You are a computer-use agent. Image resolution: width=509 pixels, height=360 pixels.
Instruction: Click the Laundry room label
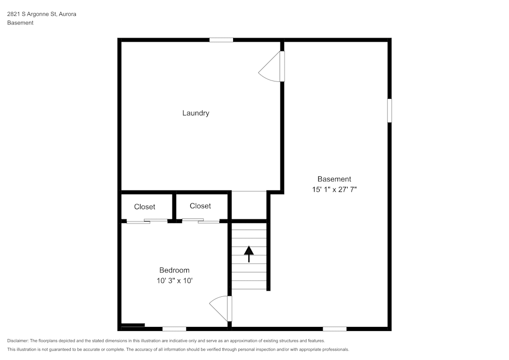coord(195,113)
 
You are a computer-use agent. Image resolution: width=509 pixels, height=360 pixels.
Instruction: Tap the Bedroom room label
coord(174,270)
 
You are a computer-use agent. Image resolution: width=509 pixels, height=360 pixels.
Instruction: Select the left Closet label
coord(145,207)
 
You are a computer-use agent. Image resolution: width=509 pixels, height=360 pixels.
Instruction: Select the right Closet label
coord(200,206)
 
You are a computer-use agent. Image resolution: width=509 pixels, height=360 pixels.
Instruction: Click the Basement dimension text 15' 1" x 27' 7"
coord(334,189)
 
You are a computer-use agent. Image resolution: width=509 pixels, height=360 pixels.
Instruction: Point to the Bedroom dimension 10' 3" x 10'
coord(174,281)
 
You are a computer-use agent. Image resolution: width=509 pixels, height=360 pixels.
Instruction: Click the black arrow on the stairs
coord(249,253)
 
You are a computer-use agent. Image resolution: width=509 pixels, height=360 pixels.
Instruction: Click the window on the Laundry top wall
coord(221,40)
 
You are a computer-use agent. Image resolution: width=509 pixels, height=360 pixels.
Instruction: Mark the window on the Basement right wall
coord(389,110)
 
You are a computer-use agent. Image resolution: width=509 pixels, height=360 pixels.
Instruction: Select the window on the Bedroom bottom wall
coord(174,329)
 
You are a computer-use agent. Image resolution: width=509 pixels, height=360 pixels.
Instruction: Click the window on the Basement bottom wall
coord(334,329)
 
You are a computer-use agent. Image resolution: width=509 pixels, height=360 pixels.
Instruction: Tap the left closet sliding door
coord(147,221)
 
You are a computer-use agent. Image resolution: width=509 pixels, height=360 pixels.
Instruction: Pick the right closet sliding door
coord(201,220)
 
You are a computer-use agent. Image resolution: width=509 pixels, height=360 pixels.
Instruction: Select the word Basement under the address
coord(20,23)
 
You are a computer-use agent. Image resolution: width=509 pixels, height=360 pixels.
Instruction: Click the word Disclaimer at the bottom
coord(18,341)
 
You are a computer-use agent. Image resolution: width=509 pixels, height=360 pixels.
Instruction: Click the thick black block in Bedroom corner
coord(133,325)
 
